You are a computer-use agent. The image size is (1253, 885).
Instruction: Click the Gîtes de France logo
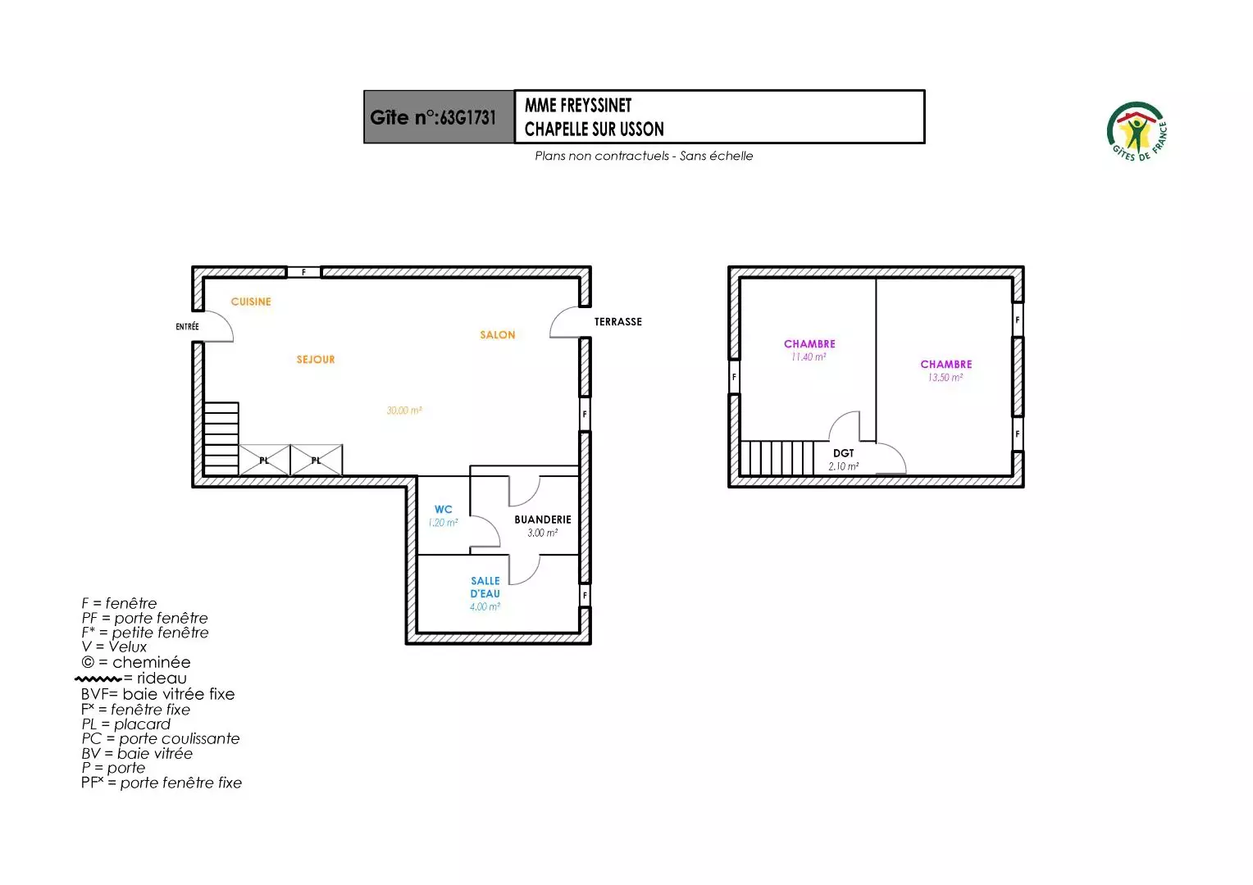click(1137, 132)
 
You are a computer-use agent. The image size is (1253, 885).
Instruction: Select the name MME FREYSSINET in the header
click(578, 105)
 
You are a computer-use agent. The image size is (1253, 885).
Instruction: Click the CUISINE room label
click(251, 302)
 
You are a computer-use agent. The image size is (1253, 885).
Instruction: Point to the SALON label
click(497, 335)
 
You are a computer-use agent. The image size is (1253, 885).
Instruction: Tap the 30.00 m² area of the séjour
click(404, 411)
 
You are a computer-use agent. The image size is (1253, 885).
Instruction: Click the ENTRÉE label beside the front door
click(187, 326)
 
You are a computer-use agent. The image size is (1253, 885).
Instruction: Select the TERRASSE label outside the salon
click(618, 321)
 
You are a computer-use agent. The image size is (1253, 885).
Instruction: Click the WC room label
click(443, 510)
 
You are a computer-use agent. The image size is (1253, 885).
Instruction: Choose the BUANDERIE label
click(543, 520)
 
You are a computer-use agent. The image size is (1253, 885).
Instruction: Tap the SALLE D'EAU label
click(485, 587)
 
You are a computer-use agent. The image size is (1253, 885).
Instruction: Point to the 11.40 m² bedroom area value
click(809, 356)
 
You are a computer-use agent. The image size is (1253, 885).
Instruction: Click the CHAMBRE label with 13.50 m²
click(946, 364)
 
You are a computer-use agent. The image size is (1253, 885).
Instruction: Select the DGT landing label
click(844, 453)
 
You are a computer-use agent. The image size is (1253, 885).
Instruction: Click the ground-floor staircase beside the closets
click(221, 439)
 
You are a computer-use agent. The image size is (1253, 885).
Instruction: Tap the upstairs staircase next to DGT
click(777, 458)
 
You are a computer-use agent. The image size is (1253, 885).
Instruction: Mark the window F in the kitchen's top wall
click(303, 272)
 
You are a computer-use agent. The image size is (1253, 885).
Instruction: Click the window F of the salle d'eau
click(585, 595)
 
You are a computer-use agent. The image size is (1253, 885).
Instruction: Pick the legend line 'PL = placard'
click(125, 724)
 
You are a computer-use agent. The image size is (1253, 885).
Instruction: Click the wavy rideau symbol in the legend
click(98, 678)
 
